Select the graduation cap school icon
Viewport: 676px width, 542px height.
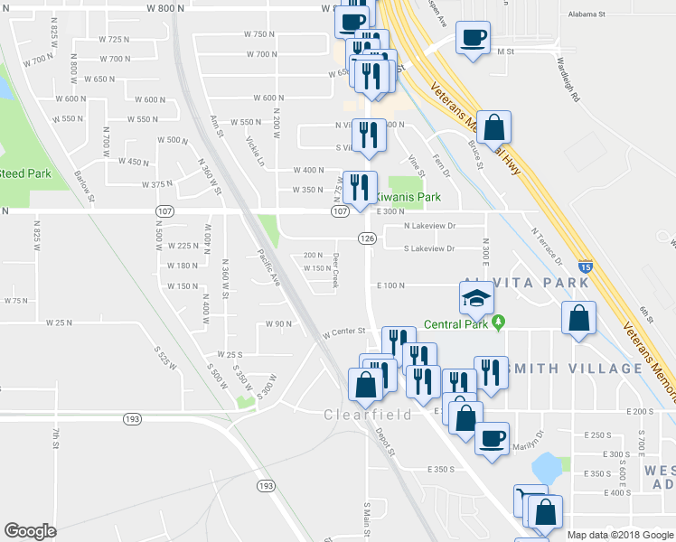pyautogui.click(x=475, y=297)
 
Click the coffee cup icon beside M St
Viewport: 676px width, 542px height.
pyautogui.click(x=473, y=38)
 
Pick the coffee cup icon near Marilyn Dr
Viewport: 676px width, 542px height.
pyautogui.click(x=492, y=439)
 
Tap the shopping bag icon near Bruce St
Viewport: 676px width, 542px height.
pyautogui.click(x=493, y=127)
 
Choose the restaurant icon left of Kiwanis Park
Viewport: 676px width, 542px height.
pyautogui.click(x=360, y=188)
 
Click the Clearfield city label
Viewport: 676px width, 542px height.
pyautogui.click(x=368, y=415)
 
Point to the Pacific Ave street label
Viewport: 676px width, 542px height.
pyautogui.click(x=268, y=266)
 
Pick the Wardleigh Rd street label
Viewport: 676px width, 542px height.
pyautogui.click(x=567, y=79)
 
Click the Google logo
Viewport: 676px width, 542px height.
pyautogui.click(x=30, y=531)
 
